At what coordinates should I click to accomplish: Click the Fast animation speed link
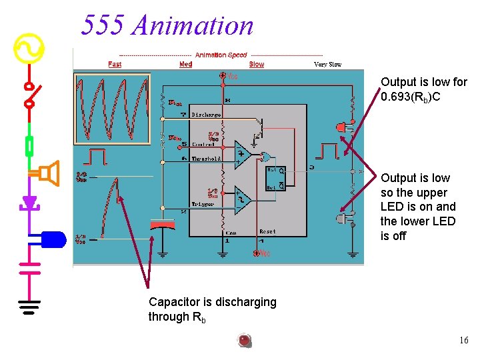tap(115, 64)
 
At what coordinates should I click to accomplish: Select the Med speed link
tap(186, 64)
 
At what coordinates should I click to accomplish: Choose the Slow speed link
tap(257, 64)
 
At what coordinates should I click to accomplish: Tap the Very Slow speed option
tap(327, 64)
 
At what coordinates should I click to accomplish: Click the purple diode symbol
tap(29, 202)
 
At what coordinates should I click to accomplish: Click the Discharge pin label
tap(206, 115)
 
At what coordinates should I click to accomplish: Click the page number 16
tap(463, 341)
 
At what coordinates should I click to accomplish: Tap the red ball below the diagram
tap(245, 341)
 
